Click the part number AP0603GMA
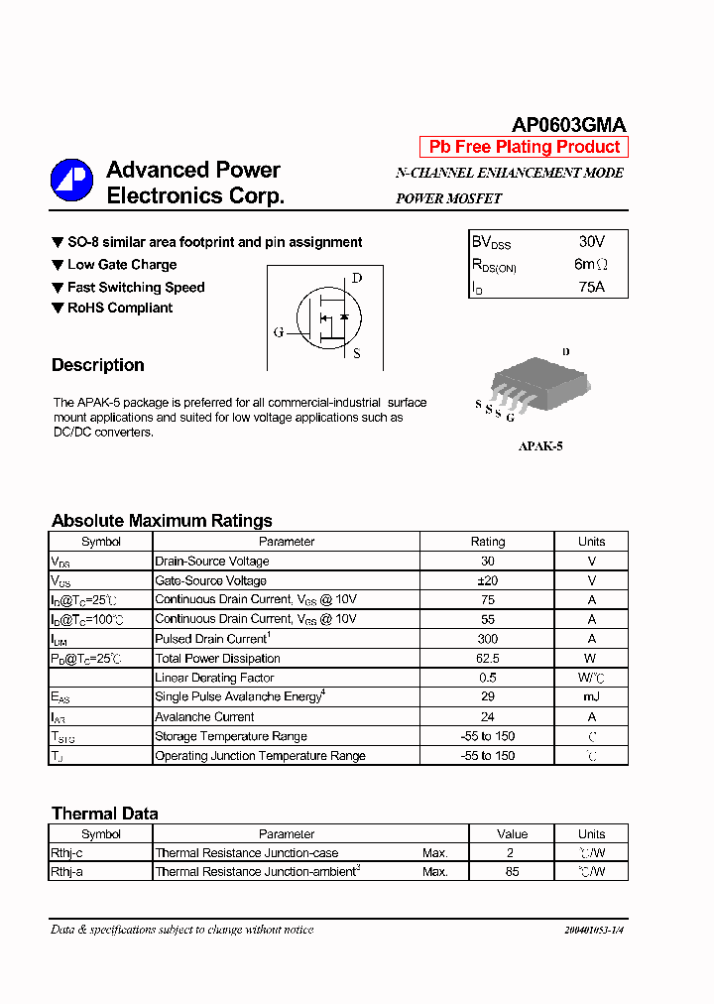(568, 125)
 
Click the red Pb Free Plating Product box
(524, 147)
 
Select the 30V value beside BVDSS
(591, 241)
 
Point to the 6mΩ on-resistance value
(591, 265)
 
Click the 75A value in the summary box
(591, 288)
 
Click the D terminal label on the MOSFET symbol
(357, 278)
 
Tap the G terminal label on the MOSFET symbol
(279, 331)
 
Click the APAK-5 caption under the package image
(540, 446)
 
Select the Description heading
(98, 365)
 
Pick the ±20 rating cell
(487, 580)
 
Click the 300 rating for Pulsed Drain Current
(487, 639)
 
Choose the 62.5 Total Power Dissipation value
(487, 659)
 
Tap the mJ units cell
(591, 697)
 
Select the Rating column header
(487, 542)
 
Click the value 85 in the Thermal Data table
(512, 872)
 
